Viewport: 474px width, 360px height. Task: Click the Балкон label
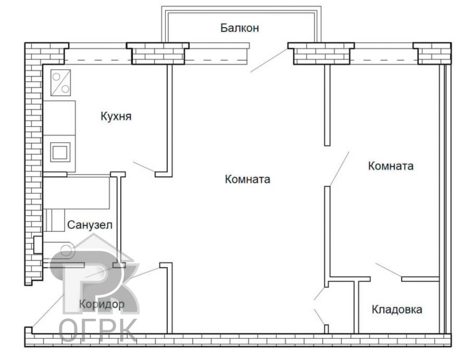(x=239, y=28)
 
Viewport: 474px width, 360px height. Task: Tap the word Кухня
(x=116, y=116)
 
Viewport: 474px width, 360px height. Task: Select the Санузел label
(x=90, y=225)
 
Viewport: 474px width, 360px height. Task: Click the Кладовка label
(x=397, y=309)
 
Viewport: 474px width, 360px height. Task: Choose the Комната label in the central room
(x=247, y=179)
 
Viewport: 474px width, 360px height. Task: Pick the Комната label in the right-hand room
(x=391, y=166)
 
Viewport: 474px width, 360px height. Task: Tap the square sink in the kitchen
(x=58, y=152)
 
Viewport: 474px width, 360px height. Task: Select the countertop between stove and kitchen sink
(x=59, y=117)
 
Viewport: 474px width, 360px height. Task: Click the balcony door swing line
(x=268, y=60)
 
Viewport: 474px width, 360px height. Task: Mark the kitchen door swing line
(x=144, y=167)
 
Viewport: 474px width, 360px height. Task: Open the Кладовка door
(x=388, y=270)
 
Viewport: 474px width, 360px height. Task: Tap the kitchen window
(x=97, y=54)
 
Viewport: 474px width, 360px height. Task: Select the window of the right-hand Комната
(x=383, y=54)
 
